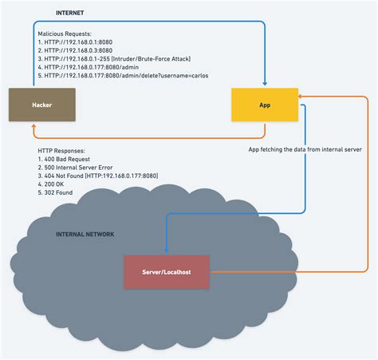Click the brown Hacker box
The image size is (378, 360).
(x=41, y=105)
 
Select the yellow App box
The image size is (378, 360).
(x=265, y=105)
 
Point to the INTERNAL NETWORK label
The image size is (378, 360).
(x=85, y=234)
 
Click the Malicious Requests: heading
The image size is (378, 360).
(x=71, y=34)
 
